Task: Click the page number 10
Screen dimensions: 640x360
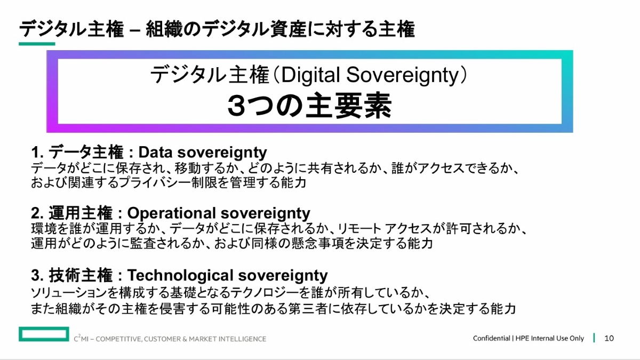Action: [609, 338]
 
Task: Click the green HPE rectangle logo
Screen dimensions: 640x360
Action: [44, 334]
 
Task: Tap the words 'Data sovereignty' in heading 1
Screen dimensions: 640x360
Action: [203, 153]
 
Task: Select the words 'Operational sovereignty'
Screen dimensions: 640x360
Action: [219, 213]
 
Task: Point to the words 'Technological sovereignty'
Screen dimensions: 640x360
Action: [227, 275]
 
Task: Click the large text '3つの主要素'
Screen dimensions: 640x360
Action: [309, 106]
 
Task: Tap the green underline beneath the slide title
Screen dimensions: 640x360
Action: [37, 44]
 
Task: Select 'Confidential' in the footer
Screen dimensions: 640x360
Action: [491, 338]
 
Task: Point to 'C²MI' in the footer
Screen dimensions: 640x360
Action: [81, 338]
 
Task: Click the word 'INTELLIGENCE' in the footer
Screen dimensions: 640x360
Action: [242, 339]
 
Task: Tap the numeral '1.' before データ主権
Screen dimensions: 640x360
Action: [37, 153]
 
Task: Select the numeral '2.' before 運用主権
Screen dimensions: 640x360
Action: [37, 213]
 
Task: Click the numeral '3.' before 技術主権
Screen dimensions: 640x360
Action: [37, 275]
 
